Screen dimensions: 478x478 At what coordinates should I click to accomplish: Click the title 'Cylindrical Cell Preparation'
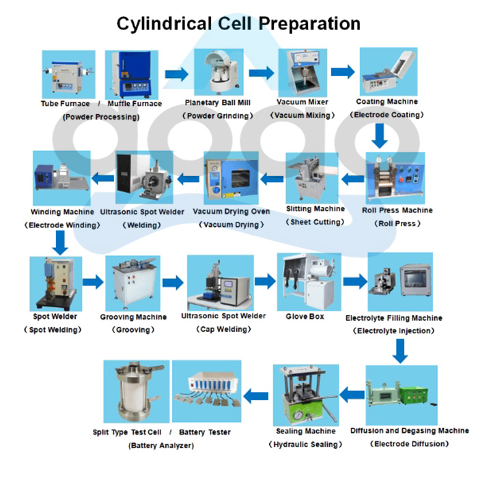pyautogui.click(x=238, y=23)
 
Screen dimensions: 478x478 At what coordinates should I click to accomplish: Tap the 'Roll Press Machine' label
pyautogui.click(x=397, y=210)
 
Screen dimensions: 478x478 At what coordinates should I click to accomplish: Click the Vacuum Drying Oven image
pyautogui.click(x=231, y=179)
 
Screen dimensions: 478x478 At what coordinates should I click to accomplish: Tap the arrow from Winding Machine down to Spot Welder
pyautogui.click(x=60, y=240)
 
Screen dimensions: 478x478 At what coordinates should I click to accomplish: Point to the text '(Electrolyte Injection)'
pyautogui.click(x=393, y=331)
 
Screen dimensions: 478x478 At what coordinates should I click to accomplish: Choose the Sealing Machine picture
pyautogui.click(x=306, y=395)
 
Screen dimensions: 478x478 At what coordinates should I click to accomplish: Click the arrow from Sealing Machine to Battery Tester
pyautogui.click(x=257, y=394)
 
